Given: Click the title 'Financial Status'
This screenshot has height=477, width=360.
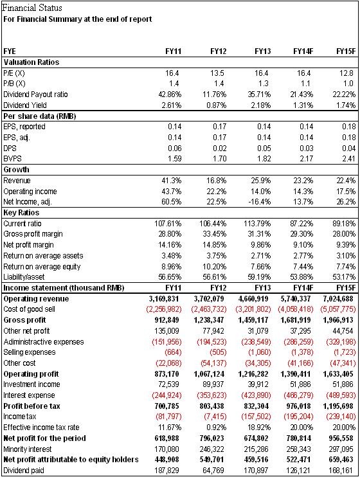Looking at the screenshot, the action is pyautogui.click(x=32, y=8).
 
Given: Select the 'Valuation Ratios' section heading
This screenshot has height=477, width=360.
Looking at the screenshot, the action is pyautogui.click(x=32, y=62).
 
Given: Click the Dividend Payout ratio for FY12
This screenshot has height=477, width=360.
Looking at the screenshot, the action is pyautogui.click(x=215, y=94).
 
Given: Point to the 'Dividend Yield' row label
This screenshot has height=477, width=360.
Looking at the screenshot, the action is pyautogui.click(x=25, y=105).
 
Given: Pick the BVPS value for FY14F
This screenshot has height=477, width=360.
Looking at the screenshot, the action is pyautogui.click(x=306, y=159).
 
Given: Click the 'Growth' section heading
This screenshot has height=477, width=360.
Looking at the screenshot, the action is pyautogui.click(x=17, y=170).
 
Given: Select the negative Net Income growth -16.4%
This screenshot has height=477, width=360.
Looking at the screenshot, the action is pyautogui.click(x=259, y=202).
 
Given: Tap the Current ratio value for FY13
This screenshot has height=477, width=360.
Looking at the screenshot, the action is pyautogui.click(x=257, y=224).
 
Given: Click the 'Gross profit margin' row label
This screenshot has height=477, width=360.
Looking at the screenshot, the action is pyautogui.click(x=33, y=234).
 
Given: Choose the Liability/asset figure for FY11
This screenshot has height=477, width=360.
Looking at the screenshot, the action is pyautogui.click(x=170, y=277).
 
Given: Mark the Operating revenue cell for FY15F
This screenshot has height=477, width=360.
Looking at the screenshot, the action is pyautogui.click(x=338, y=299).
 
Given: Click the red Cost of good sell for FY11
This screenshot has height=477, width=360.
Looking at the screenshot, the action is pyautogui.click(x=164, y=309).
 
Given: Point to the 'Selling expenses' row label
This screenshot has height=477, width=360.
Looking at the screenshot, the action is pyautogui.click(x=30, y=352).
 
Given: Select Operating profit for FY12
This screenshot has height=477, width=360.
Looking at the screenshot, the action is pyautogui.click(x=209, y=374).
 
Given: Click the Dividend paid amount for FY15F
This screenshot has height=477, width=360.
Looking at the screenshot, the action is pyautogui.click(x=341, y=471).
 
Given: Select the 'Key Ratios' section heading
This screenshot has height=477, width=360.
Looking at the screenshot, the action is pyautogui.click(x=21, y=213).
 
